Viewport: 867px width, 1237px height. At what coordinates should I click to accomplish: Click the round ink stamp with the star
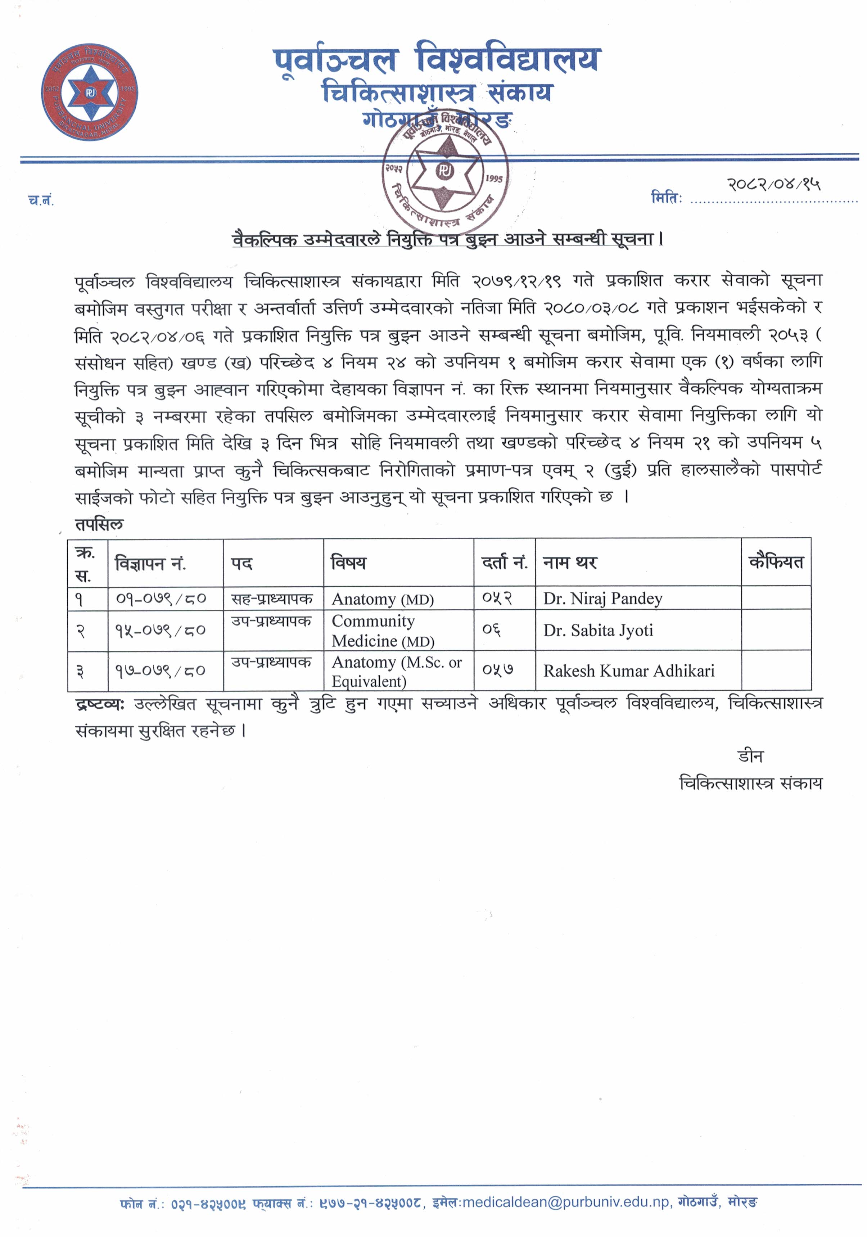coord(445,171)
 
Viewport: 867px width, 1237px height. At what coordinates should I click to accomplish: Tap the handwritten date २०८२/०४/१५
coord(774,185)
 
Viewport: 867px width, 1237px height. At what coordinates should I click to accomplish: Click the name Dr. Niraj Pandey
coord(602,599)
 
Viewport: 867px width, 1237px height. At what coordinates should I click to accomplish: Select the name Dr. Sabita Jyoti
coord(598,630)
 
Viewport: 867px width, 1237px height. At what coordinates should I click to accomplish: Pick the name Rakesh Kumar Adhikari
coord(629,671)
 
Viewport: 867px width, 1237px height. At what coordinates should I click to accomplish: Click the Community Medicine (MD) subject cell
coord(383,630)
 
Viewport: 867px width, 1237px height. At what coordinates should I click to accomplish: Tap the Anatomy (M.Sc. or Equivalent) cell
coord(397,671)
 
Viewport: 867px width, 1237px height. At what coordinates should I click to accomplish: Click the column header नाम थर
coord(570,563)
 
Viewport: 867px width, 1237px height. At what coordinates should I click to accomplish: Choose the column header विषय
coord(348,563)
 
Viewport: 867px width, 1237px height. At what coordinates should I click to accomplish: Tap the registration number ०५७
coord(497,670)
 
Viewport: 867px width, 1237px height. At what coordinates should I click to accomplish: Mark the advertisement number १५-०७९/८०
coord(160,630)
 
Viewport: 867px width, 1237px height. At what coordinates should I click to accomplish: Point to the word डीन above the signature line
coord(751,757)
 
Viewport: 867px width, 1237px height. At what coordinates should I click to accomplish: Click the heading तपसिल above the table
coord(99,524)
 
